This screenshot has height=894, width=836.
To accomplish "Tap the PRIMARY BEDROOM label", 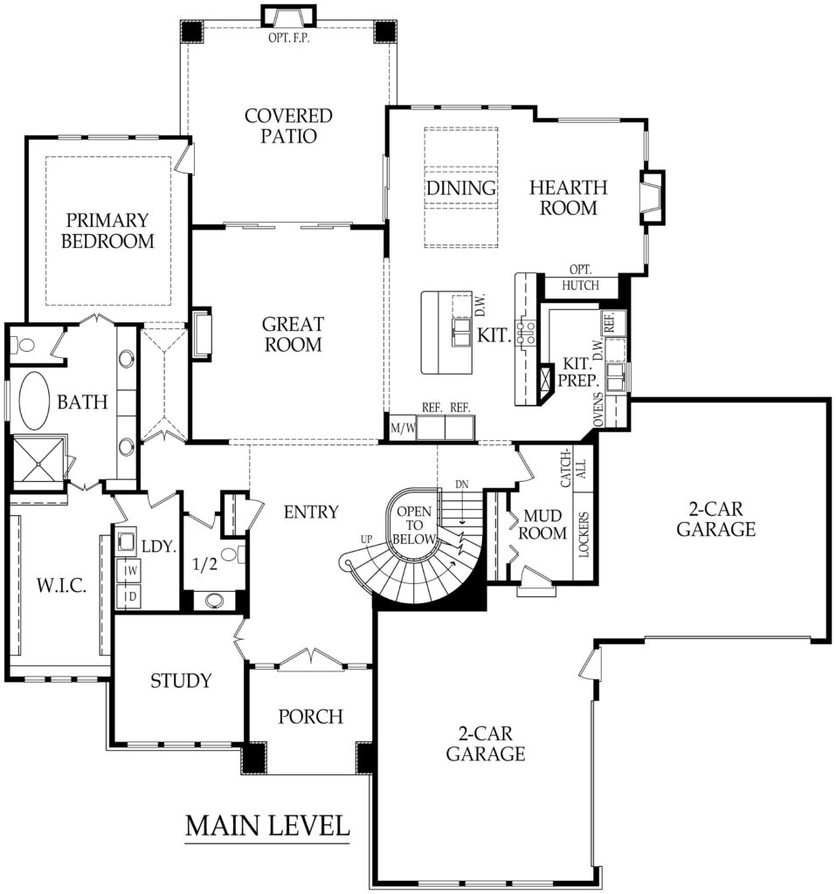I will tap(107, 230).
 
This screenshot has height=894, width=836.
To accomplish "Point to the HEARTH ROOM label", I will tap(569, 197).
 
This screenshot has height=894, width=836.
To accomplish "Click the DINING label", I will tap(461, 188).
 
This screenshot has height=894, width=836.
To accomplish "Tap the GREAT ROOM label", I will tap(292, 334).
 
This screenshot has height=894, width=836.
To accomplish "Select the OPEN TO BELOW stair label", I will tap(415, 526).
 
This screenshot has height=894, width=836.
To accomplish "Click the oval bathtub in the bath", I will tap(34, 402).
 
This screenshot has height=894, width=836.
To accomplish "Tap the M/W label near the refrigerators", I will tap(402, 427).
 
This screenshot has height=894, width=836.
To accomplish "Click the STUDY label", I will tap(180, 680).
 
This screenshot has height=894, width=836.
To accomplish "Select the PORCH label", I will tap(310, 716).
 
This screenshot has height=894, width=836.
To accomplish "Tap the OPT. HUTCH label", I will tap(580, 277).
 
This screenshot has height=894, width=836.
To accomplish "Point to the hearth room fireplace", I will tap(652, 196).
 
